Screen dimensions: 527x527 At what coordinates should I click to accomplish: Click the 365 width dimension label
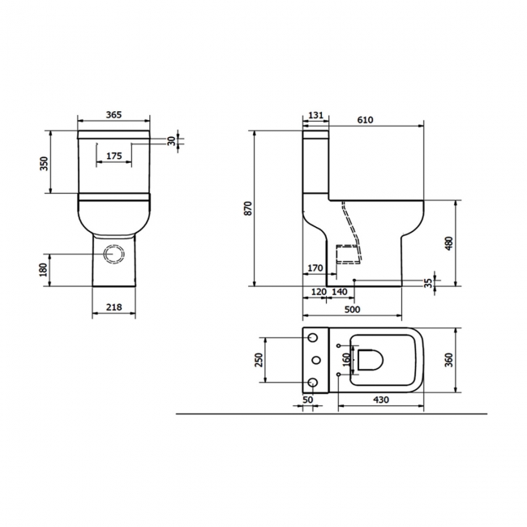click(114, 115)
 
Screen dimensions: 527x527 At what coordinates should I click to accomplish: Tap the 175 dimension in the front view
click(114, 154)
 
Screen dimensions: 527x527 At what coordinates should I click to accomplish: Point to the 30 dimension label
click(171, 139)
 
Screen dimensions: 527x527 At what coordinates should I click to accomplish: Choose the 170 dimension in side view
click(315, 268)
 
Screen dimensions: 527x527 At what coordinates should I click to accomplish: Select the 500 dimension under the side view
click(352, 309)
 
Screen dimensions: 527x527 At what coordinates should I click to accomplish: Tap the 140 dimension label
click(340, 290)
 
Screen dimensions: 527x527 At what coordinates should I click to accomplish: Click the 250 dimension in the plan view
click(259, 358)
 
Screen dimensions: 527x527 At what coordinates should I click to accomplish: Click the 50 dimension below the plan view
click(307, 399)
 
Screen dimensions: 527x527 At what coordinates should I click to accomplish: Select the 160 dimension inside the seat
click(346, 358)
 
